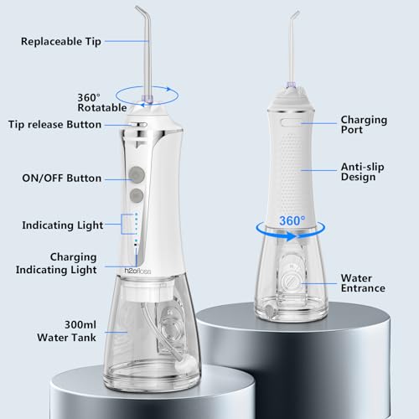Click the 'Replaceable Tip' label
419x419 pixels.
coord(61,42)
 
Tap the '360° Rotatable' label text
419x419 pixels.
coord(102,102)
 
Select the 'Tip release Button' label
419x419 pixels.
coord(54,125)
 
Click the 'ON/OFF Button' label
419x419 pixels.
coord(61,178)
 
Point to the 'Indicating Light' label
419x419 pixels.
coord(63,225)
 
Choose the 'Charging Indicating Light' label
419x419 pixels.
coord(56,263)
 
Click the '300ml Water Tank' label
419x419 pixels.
coord(66,331)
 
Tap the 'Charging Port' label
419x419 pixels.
coord(364,125)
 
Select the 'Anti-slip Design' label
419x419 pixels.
coord(363,172)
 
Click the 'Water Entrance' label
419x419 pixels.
coord(363,283)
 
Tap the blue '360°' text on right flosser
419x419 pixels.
coord(292,220)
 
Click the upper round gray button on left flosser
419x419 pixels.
coord(137,175)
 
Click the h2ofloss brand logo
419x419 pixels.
coord(137,271)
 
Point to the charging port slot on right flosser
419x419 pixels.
coord(291,122)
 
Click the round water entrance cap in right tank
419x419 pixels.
coord(291,281)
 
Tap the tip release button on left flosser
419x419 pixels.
coord(138,125)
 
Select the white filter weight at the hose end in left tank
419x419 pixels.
coord(187,364)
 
